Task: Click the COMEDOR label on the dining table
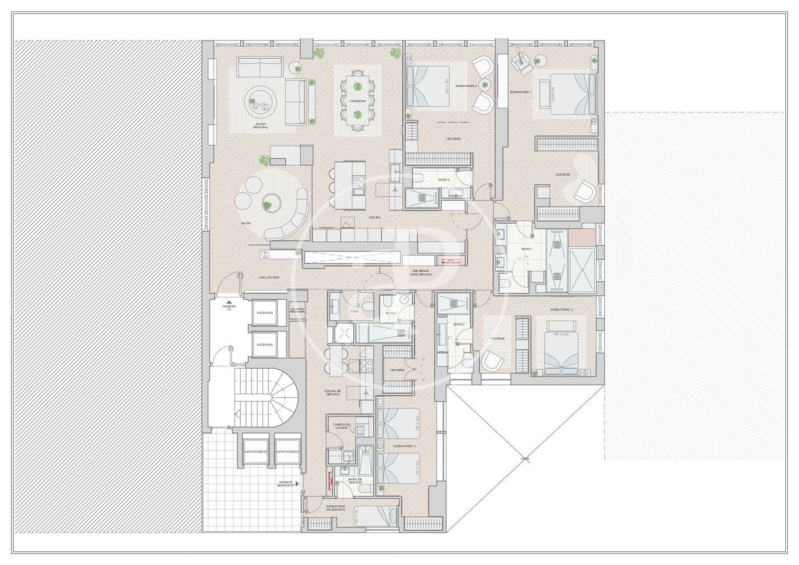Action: point(358,101)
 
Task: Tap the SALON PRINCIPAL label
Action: point(261,126)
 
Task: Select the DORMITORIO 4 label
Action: point(466,86)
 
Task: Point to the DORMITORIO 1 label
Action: point(520,92)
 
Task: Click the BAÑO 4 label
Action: point(444,180)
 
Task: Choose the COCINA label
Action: point(374,217)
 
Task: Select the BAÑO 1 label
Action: point(527,249)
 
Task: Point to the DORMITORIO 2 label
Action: point(562,309)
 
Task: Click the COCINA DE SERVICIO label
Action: point(333,393)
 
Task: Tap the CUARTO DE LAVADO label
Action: point(342,426)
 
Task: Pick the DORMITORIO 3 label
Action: point(405,446)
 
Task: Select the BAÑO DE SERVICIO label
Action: point(355,481)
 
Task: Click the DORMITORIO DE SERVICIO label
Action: point(335,507)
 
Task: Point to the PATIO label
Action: point(524,458)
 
